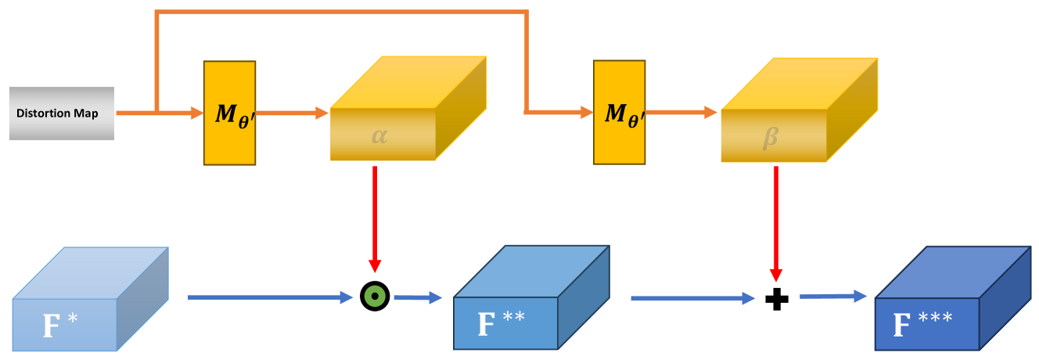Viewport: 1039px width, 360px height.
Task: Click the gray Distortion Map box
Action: [62, 113]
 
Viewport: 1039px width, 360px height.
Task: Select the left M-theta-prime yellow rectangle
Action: [229, 113]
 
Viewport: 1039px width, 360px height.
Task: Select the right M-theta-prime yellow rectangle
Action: [619, 113]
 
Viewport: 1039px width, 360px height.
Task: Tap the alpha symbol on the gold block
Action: [379, 135]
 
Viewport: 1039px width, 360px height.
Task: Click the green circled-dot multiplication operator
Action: [375, 297]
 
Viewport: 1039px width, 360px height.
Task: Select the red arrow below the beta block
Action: [775, 219]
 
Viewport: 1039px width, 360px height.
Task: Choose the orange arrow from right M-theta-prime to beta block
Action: [681, 113]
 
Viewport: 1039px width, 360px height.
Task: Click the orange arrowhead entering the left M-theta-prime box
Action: [196, 113]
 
